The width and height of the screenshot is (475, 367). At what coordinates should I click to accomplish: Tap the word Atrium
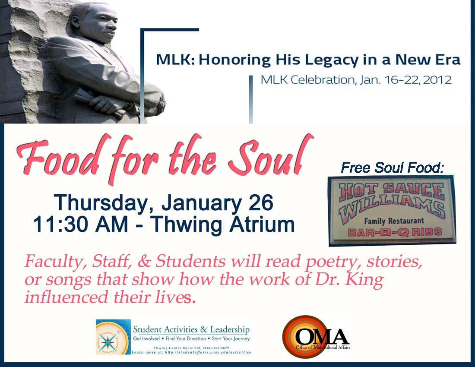260,224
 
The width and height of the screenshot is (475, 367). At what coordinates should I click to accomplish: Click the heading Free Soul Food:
392,168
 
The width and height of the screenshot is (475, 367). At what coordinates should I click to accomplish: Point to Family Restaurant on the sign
392,221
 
